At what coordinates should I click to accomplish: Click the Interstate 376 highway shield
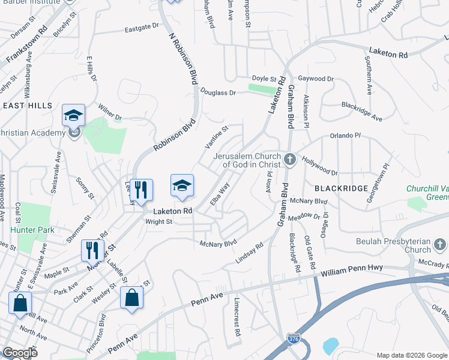[293, 339]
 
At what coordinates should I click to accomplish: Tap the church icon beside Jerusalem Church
[290, 159]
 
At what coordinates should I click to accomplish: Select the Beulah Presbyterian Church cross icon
[440, 244]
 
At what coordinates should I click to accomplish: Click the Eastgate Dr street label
[142, 27]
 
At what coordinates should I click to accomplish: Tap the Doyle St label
[264, 79]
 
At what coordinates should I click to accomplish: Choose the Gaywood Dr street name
[316, 79]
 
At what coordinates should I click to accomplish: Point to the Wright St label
[159, 221]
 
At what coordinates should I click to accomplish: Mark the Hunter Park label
[32, 230]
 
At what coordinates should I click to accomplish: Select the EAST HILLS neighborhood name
[28, 106]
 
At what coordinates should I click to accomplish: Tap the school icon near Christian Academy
[73, 115]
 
